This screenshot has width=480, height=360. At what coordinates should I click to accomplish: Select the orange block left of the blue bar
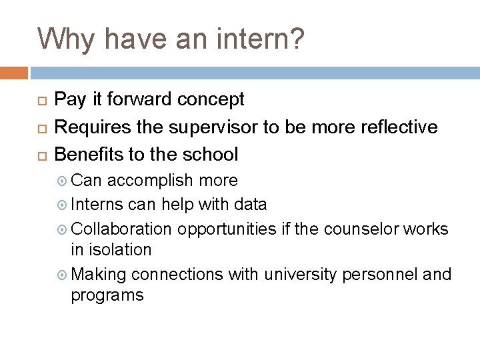coord(14,73)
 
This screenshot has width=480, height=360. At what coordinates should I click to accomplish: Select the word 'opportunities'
coord(227,228)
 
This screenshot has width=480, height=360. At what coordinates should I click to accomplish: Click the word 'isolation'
coord(112,249)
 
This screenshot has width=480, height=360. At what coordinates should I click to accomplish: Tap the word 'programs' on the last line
coord(107,295)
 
